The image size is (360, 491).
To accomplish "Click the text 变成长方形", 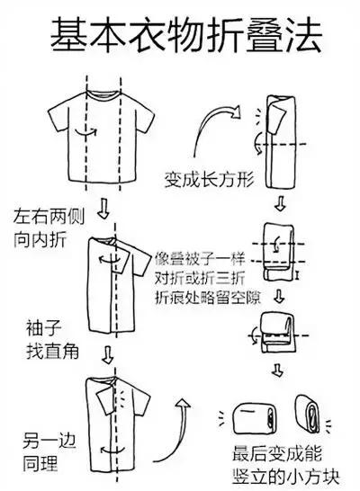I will click(x=209, y=178).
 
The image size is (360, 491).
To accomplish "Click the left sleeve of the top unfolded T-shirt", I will click(x=60, y=115).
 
